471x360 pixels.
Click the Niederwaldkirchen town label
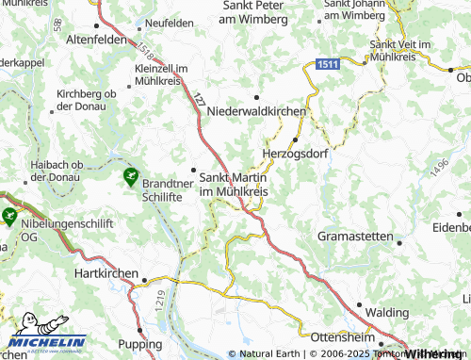256,110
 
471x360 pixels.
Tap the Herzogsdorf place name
294,154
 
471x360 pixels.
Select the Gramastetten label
355,235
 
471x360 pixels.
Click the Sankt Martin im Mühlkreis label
233,184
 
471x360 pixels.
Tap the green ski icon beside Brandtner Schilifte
130,175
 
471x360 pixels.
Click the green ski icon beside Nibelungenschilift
9,216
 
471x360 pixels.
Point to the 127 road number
199,98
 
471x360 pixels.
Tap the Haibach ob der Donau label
64,170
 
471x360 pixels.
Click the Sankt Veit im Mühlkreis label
407,50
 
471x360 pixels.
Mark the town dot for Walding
359,304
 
